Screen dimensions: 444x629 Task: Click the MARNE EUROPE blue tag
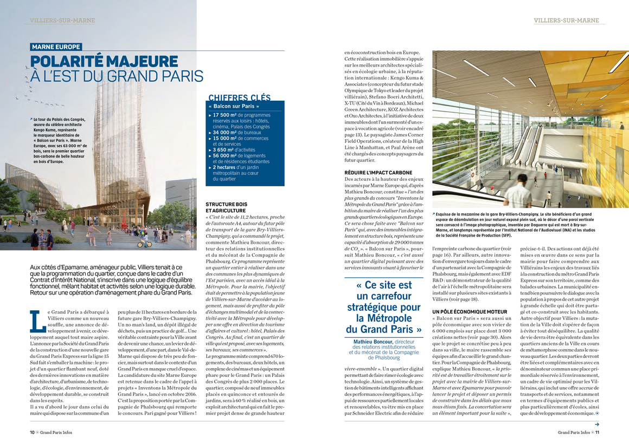(56, 47)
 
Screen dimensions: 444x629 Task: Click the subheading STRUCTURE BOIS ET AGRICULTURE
(226, 207)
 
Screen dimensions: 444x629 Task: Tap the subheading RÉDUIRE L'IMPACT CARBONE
(378, 173)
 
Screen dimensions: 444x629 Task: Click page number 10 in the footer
(33, 432)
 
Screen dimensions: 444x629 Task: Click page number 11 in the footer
(596, 432)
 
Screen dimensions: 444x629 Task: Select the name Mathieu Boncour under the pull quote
(373, 342)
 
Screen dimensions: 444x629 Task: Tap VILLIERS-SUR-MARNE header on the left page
(62, 21)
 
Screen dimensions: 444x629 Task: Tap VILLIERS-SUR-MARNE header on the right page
(566, 21)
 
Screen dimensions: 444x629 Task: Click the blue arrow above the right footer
(596, 425)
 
